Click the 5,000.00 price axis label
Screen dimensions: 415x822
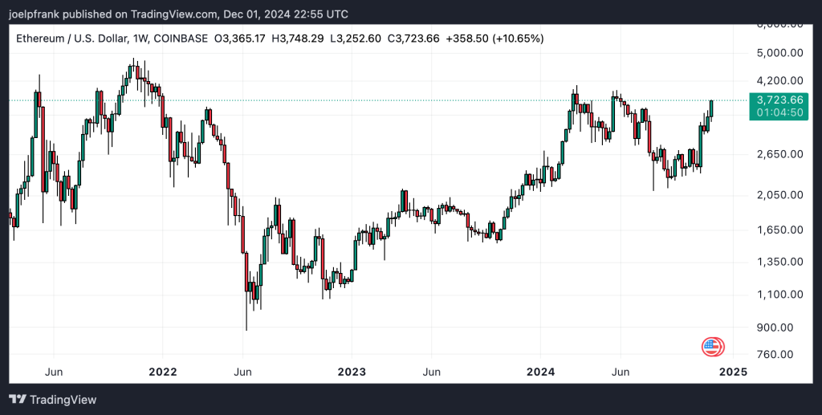point(780,54)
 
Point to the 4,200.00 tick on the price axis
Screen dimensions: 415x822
point(780,80)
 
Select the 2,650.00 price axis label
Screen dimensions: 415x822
point(780,154)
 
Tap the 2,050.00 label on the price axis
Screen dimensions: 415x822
point(780,195)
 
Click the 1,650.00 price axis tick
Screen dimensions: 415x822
point(780,230)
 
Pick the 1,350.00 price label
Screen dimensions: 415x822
point(780,262)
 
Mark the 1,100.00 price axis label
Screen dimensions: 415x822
point(780,295)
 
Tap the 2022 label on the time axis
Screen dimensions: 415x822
point(162,372)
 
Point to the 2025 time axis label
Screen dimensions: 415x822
point(733,372)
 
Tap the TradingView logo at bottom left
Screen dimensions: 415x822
point(53,399)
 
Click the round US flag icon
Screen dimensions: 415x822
point(711,347)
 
